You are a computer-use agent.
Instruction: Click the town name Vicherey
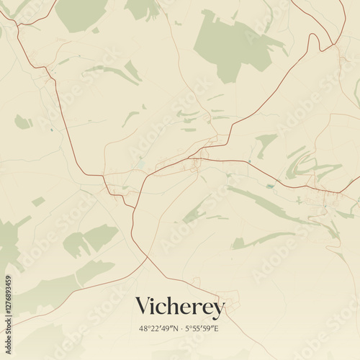point(180,307)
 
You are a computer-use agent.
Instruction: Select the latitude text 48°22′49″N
point(155,328)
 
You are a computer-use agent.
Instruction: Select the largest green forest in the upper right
point(230,43)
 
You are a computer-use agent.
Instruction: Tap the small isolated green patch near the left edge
point(22,122)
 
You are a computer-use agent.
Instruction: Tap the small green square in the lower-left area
point(38,202)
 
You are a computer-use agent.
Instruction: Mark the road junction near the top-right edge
point(334,46)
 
